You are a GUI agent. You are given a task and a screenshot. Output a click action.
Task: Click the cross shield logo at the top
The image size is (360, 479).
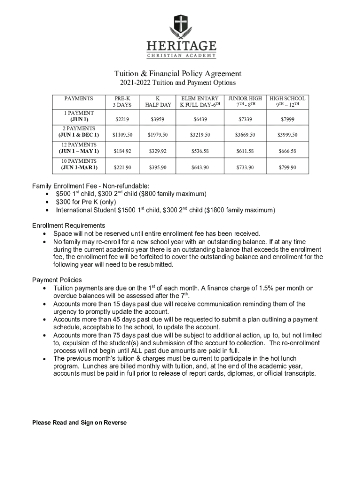point(180,24)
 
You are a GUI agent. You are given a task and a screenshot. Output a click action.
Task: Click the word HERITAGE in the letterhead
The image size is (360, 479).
point(181,46)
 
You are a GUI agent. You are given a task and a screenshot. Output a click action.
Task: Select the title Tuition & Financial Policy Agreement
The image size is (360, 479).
point(178,73)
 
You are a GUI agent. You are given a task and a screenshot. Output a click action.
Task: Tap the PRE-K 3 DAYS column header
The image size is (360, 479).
point(122,102)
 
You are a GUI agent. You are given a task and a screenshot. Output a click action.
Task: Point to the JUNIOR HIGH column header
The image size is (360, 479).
point(245,102)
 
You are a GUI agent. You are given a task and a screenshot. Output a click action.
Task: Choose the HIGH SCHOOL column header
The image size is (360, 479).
point(288,102)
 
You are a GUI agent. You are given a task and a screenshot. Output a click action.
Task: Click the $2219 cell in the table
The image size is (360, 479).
point(122,120)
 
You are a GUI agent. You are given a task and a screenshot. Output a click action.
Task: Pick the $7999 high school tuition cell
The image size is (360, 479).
point(288,120)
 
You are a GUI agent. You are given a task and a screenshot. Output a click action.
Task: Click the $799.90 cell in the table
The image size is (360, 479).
point(288,167)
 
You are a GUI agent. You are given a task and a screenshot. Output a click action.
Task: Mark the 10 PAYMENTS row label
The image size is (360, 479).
point(79,164)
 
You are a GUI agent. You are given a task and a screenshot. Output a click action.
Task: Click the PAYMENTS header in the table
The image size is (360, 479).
point(79,99)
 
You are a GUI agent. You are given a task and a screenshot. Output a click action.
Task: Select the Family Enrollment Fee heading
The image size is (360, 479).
point(91,186)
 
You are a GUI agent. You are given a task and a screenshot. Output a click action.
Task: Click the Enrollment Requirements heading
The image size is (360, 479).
point(69,225)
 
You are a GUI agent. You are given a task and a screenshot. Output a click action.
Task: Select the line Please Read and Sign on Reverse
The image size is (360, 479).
point(79,422)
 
